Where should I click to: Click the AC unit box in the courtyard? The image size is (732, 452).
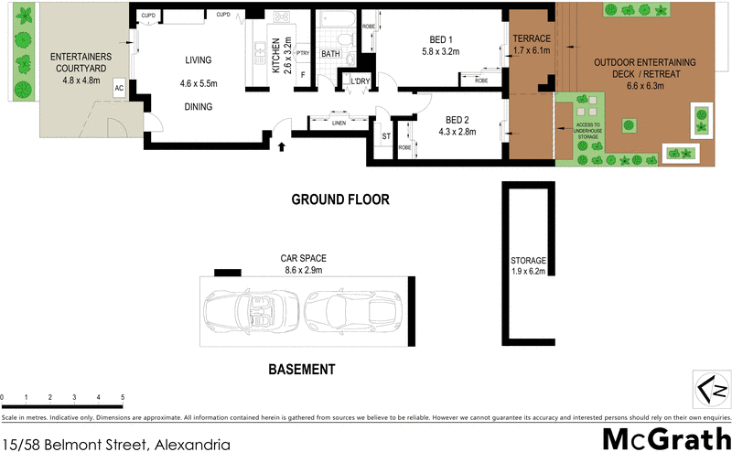click(x=119, y=88)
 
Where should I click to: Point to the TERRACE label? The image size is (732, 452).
click(x=531, y=38)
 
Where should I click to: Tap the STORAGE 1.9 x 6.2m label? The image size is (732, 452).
click(x=528, y=265)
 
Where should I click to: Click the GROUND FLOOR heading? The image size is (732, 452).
click(x=340, y=199)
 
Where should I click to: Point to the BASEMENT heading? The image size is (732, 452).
click(x=301, y=370)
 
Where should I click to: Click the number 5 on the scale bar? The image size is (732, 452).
click(x=123, y=397)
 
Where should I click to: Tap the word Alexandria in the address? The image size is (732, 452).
click(x=190, y=444)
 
